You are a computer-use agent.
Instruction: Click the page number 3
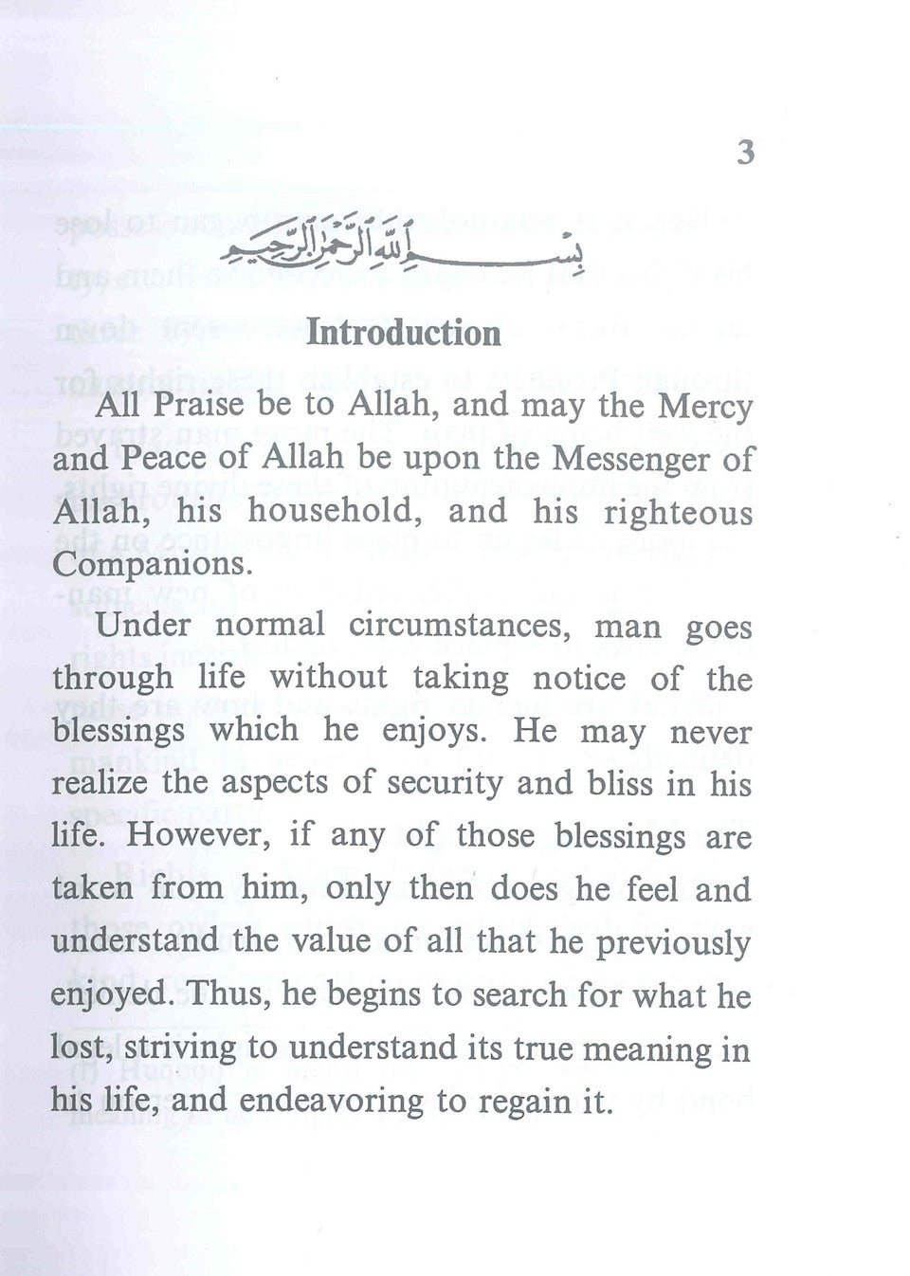pos(745,153)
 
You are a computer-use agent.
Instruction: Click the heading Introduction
pos(404,333)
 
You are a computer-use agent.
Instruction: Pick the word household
pos(331,512)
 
